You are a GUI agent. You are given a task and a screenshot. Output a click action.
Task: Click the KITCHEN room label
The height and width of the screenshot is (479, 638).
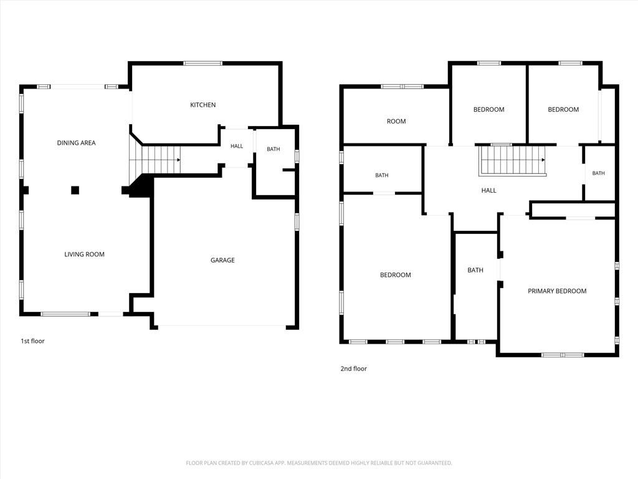202,105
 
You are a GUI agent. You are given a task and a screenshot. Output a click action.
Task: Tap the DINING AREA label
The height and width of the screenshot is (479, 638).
76,143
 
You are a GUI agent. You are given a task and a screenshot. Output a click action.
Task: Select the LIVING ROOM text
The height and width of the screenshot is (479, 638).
84,254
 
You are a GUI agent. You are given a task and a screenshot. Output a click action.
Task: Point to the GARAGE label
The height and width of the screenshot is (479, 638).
222,260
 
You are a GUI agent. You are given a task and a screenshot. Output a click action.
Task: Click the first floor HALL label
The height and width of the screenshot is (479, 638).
237,146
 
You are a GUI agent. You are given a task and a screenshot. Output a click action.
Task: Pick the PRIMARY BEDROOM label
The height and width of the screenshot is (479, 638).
557,291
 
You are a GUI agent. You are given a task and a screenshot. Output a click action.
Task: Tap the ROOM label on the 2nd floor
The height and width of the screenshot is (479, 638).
396,122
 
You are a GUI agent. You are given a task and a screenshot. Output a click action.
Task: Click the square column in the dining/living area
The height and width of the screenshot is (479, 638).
75,190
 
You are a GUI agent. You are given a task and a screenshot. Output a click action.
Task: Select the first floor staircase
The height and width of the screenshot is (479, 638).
155,160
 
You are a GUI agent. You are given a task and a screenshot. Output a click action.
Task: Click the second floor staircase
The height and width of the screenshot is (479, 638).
513,160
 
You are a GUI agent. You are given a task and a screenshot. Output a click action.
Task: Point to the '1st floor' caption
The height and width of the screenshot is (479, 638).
32,341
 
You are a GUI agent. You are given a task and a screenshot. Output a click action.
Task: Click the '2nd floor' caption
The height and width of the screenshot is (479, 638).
354,369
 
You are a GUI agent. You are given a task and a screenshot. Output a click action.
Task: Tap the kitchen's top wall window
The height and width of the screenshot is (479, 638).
203,64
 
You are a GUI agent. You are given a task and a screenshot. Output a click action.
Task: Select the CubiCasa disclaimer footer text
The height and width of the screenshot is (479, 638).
319,463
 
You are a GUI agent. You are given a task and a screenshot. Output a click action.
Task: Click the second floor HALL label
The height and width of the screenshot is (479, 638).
488,191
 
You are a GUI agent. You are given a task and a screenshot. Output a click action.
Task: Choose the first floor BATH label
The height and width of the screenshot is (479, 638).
274,150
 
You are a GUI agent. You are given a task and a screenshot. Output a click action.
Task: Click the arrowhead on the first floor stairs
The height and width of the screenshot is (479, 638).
179,160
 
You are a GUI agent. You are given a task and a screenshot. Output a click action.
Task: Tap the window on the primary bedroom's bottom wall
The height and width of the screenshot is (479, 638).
563,355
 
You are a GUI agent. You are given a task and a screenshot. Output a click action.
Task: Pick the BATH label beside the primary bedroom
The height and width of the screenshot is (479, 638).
475,271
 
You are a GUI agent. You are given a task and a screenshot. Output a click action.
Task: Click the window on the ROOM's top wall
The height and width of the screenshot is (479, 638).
402,87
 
